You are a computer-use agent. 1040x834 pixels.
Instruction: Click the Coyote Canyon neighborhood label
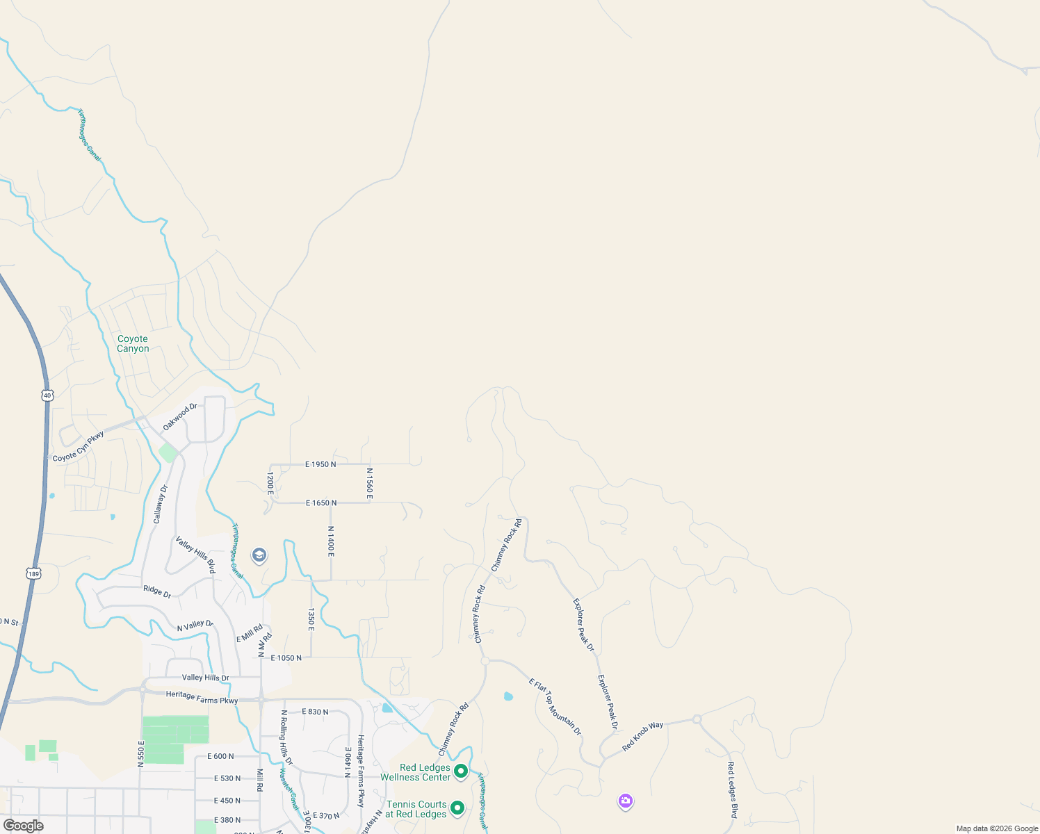click(133, 344)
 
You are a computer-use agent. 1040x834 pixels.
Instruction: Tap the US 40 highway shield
click(47, 395)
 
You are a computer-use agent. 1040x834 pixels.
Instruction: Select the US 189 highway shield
click(34, 573)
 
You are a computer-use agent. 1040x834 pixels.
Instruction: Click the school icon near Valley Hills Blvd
click(259, 555)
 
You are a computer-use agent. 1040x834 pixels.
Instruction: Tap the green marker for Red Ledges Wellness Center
click(460, 771)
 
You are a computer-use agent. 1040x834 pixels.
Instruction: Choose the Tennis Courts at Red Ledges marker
click(457, 808)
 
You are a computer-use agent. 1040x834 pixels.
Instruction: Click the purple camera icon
click(626, 801)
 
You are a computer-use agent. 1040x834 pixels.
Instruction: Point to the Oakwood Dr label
click(180, 416)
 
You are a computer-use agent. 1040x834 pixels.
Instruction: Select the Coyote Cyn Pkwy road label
click(79, 447)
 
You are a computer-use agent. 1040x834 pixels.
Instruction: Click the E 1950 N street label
click(320, 464)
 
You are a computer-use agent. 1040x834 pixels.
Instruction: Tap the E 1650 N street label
click(321, 502)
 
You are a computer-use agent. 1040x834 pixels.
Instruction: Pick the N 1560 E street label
click(370, 483)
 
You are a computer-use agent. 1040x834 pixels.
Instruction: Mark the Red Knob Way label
click(642, 736)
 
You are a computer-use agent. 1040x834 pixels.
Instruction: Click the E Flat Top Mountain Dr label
click(555, 707)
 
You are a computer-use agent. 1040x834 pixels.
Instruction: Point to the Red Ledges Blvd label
click(731, 790)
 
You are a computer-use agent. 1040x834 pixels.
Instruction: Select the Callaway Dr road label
click(161, 504)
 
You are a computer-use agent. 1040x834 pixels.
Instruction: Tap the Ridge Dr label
click(157, 591)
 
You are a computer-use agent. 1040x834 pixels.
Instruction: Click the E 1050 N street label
click(286, 657)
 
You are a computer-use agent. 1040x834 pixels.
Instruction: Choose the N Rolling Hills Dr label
click(286, 737)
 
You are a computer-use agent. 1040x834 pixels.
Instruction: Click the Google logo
click(24, 826)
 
